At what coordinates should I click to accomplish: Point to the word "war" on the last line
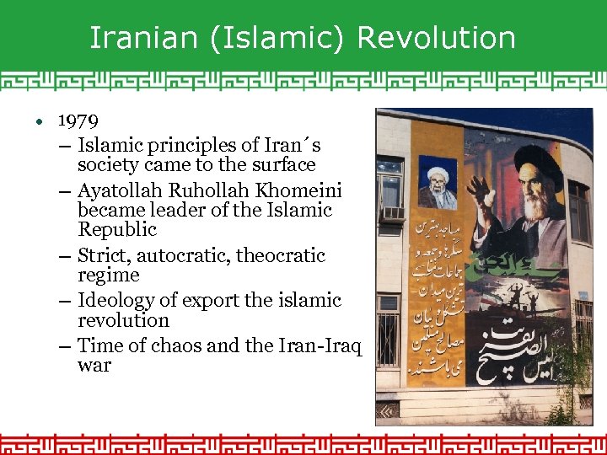(94, 366)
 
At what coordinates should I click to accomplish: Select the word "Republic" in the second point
(117, 229)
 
